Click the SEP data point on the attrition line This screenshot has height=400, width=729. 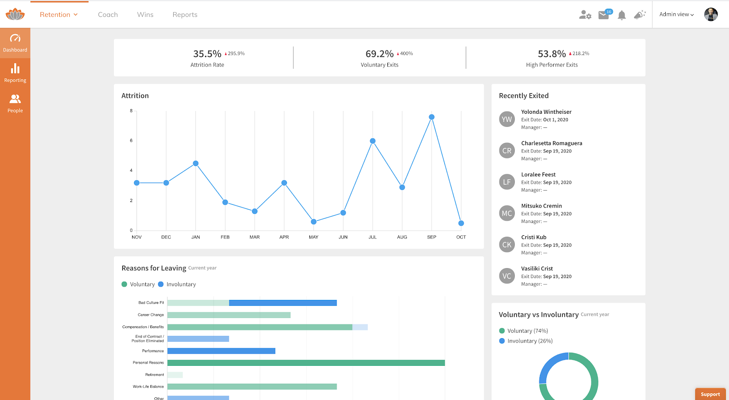(x=431, y=117)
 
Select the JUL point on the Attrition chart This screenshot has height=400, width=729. (x=373, y=141)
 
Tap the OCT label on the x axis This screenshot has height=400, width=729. (x=461, y=237)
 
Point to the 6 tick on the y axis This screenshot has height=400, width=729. (x=131, y=141)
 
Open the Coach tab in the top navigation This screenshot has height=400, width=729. (x=108, y=15)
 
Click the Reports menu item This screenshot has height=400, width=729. (x=185, y=15)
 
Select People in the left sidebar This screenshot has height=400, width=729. (x=15, y=103)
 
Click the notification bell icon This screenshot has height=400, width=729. (x=621, y=15)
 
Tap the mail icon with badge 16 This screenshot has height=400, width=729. (x=604, y=15)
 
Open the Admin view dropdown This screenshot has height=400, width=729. (x=677, y=15)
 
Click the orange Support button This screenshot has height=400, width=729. (x=710, y=394)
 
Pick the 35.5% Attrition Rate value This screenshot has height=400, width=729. (x=207, y=54)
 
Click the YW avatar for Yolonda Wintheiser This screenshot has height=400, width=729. (x=507, y=119)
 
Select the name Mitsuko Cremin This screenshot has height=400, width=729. (x=541, y=206)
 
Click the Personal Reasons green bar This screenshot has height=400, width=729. (x=306, y=363)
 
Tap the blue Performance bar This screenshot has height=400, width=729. (x=221, y=351)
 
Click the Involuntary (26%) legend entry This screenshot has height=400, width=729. (x=529, y=341)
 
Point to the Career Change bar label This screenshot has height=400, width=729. (x=151, y=315)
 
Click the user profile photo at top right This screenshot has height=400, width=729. (x=711, y=15)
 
